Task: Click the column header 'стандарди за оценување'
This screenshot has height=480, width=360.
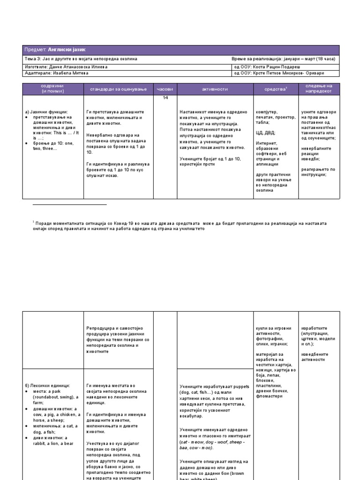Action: click(x=115, y=89)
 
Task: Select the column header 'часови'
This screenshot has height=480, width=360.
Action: click(x=165, y=89)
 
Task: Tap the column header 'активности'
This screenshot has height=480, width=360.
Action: click(x=214, y=89)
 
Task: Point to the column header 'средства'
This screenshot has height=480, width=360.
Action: click(x=275, y=89)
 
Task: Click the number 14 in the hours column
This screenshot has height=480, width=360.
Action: click(x=165, y=97)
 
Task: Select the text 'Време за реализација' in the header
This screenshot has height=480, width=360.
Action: click(x=255, y=60)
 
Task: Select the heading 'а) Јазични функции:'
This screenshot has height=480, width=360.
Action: click(x=46, y=112)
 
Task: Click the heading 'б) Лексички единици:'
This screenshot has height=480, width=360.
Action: click(x=47, y=385)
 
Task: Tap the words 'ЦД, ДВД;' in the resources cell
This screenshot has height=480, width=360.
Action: click(x=266, y=133)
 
